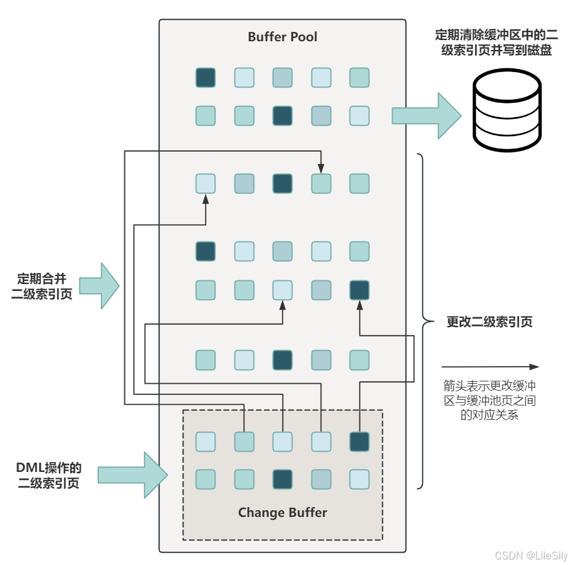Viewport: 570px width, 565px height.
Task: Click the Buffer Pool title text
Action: click(283, 37)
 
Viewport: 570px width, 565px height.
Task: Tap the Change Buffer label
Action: click(283, 513)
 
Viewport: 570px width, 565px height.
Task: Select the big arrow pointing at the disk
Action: click(427, 116)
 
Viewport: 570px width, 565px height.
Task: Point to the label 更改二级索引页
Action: click(489, 322)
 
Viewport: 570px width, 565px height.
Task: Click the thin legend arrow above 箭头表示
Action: click(490, 367)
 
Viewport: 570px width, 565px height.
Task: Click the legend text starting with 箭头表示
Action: click(489, 400)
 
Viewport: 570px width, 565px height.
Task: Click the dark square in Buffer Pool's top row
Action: click(206, 78)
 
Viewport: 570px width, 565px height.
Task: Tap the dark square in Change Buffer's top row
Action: click(359, 441)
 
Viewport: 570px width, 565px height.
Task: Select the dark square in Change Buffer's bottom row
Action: click(283, 479)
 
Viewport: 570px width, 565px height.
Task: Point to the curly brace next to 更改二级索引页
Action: click(422, 321)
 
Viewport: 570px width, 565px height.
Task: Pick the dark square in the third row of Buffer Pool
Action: click(283, 183)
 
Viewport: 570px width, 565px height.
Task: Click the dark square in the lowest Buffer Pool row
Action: click(283, 360)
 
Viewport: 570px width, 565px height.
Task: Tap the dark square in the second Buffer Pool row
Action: click(283, 116)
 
